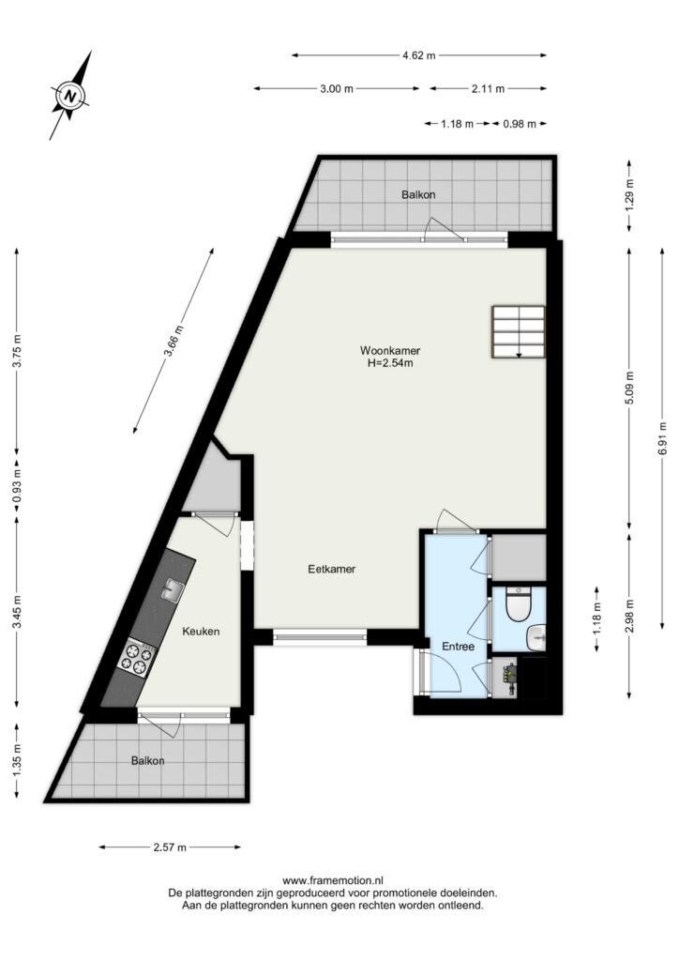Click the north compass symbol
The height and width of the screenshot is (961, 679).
71,95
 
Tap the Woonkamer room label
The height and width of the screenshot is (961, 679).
390,351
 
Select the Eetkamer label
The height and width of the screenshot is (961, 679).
331,569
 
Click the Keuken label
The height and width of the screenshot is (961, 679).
201,632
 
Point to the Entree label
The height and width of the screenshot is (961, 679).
458,646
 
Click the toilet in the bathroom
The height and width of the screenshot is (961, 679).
519,603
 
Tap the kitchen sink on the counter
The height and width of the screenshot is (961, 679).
173,590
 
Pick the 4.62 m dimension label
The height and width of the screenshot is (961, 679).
419,55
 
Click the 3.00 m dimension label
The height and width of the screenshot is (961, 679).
337,89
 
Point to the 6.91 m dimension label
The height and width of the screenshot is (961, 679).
662,438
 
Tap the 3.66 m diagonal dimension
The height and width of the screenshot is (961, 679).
174,341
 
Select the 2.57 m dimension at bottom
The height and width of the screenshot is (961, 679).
170,847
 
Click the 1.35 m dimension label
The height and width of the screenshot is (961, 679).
17,760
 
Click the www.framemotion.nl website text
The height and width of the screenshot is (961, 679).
332,880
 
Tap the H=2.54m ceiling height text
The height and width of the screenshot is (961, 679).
390,363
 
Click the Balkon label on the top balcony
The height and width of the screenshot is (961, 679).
418,195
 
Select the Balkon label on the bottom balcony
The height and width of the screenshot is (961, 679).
147,760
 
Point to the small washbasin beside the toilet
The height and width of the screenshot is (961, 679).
536,637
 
